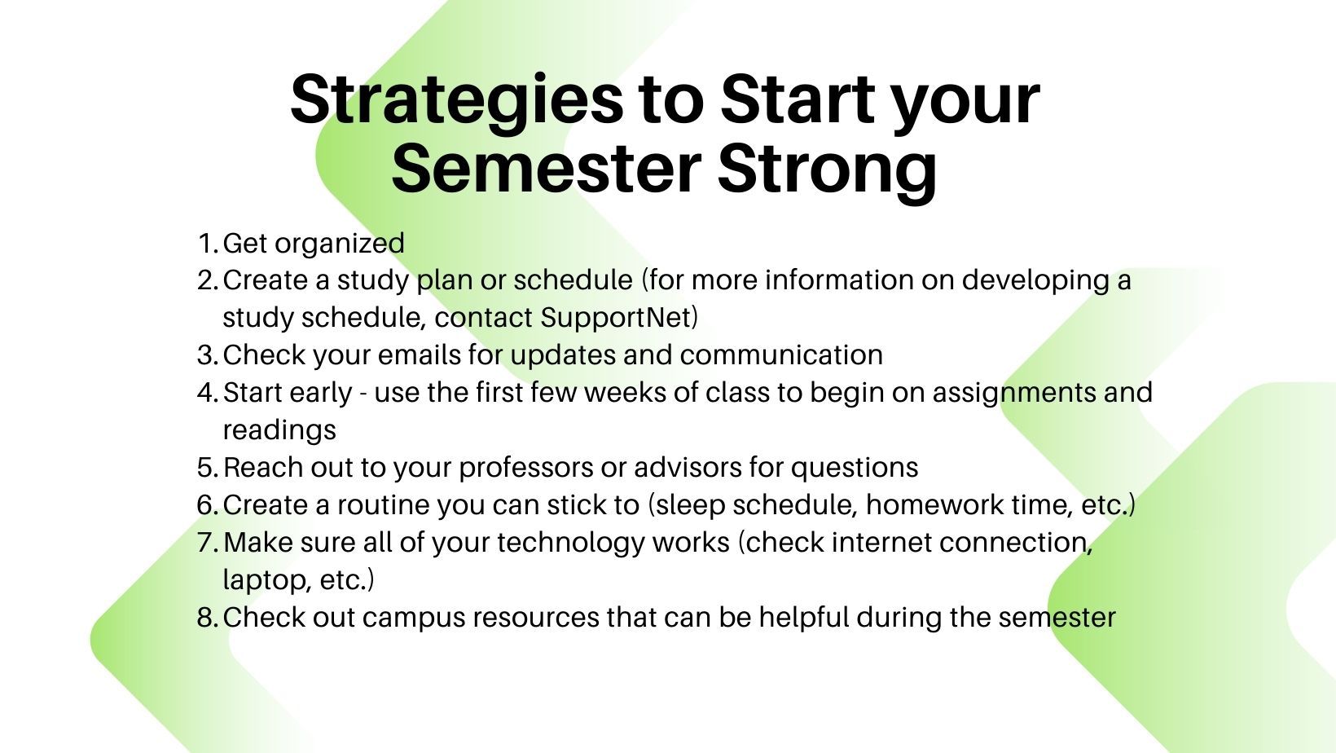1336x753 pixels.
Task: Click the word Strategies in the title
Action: [x=457, y=101]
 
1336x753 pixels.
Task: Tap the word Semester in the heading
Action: [x=547, y=168]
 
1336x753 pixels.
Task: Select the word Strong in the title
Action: [x=827, y=172]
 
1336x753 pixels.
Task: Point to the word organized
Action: [x=340, y=244]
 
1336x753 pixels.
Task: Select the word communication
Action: [x=781, y=355]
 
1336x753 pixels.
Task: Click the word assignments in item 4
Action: [x=1014, y=394]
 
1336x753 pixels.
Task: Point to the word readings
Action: [x=279, y=431]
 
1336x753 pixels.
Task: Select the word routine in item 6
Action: [x=384, y=504]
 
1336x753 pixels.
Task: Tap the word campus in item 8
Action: [x=414, y=619]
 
